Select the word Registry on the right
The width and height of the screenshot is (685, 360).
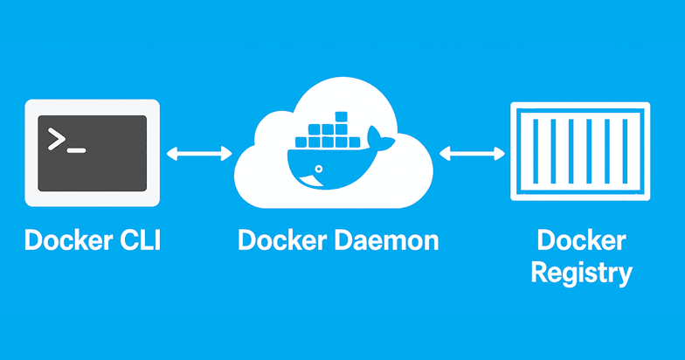(x=581, y=273)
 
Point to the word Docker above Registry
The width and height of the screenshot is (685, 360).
(x=581, y=239)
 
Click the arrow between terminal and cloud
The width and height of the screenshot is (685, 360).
(x=197, y=154)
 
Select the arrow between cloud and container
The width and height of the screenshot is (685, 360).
(x=472, y=154)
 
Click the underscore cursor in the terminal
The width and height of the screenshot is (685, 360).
(x=77, y=151)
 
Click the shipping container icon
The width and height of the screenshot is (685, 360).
(x=580, y=154)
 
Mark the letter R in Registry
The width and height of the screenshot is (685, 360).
(x=539, y=273)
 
